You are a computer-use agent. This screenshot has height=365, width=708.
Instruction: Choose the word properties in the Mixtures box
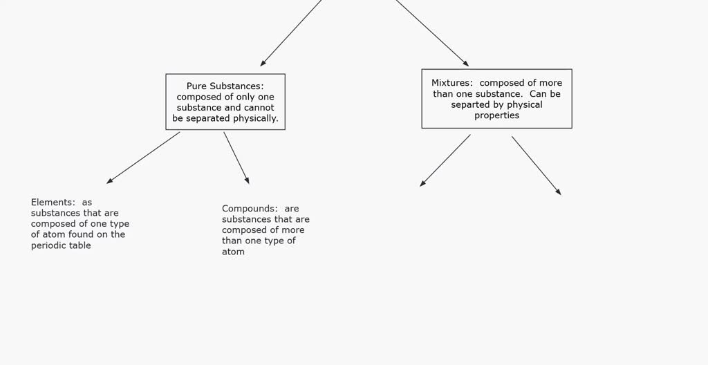[x=496, y=115]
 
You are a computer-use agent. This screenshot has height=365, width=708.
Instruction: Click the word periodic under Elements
[x=46, y=245]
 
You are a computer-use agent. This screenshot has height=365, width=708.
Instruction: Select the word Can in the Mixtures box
[x=538, y=94]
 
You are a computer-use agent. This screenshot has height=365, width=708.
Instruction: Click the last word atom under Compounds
[x=233, y=252]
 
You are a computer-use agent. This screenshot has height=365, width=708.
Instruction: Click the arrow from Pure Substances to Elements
[x=143, y=158]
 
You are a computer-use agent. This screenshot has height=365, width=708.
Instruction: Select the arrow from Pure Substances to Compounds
[x=236, y=158]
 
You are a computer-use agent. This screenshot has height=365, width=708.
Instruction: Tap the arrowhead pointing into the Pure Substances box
[x=263, y=63]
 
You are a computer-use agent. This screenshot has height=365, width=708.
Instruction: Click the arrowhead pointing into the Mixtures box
[x=466, y=64]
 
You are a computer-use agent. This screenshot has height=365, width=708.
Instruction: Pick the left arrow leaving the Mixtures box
[x=445, y=160]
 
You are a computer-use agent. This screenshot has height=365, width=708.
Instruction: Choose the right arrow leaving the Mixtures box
[x=537, y=166]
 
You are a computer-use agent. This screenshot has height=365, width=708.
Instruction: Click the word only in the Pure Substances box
[x=246, y=97]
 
